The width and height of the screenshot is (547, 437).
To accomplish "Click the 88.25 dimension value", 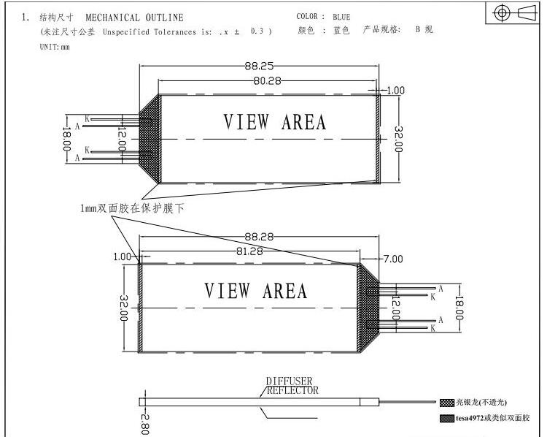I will [x=259, y=66].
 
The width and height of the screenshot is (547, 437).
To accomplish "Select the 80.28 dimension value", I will [x=267, y=80].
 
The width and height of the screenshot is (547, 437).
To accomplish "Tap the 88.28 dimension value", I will [x=259, y=237].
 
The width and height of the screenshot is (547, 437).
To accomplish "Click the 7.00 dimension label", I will [x=393, y=259].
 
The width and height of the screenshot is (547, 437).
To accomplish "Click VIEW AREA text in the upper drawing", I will [x=274, y=122].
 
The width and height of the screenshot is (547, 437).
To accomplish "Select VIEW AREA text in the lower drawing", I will [x=255, y=291].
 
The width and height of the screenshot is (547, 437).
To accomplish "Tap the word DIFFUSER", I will [x=289, y=381].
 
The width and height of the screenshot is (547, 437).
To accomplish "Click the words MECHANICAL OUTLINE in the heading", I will [x=134, y=18].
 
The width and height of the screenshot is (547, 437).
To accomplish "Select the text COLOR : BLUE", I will [x=323, y=17].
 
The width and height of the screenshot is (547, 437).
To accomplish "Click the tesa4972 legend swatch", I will [x=447, y=418].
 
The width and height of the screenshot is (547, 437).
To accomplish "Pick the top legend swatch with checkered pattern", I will [x=447, y=403].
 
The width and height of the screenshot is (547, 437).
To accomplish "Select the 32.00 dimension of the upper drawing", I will [x=398, y=138].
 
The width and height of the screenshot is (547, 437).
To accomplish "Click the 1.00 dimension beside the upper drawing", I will [x=395, y=91].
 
